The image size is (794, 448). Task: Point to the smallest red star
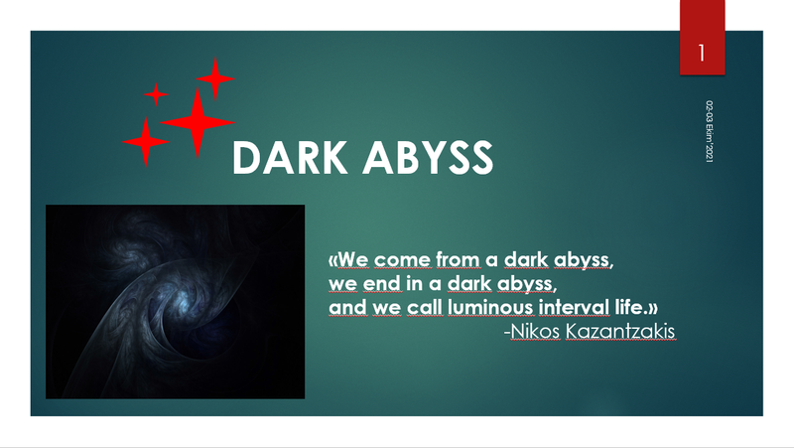[156, 93]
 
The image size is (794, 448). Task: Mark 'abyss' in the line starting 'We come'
[584, 261]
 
